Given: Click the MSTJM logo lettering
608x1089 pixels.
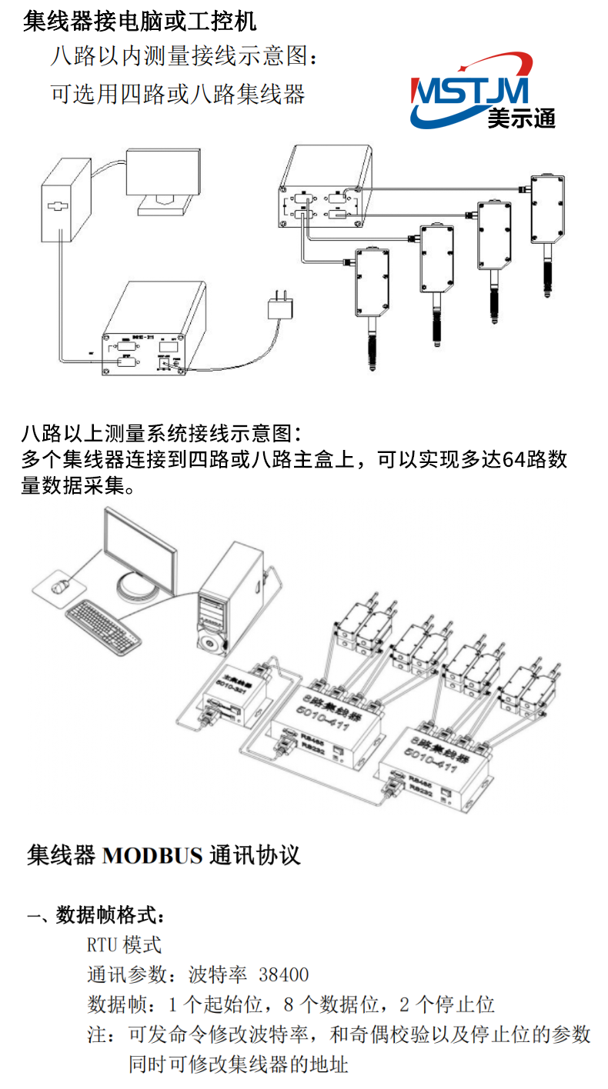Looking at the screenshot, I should coord(471,91).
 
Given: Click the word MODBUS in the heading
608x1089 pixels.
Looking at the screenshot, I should coord(152,855).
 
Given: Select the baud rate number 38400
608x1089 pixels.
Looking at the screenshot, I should coord(284,975).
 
